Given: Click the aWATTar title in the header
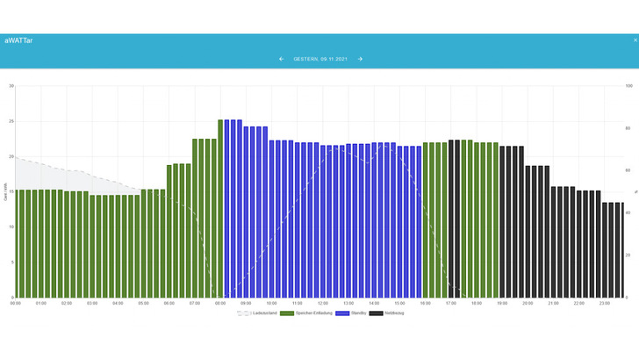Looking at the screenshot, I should [x=19, y=40].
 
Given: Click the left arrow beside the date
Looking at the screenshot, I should [x=281, y=59].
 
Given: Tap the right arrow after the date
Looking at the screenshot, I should [x=360, y=59].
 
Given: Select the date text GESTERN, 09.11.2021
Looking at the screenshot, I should [x=320, y=59].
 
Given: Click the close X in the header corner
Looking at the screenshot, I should [x=635, y=40].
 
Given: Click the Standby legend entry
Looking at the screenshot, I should [x=354, y=313].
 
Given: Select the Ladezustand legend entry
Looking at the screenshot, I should [x=260, y=313].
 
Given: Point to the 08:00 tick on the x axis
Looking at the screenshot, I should [x=219, y=304].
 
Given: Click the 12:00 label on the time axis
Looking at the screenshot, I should [x=322, y=304].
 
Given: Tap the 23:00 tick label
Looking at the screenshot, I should [x=604, y=304].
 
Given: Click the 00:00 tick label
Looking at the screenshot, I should [x=16, y=304].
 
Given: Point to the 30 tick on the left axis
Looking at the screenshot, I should [x=11, y=86].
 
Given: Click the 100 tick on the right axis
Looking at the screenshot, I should [x=628, y=86].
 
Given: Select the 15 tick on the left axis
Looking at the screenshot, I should [x=11, y=191].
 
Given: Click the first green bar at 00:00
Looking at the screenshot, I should [x=18, y=243].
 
